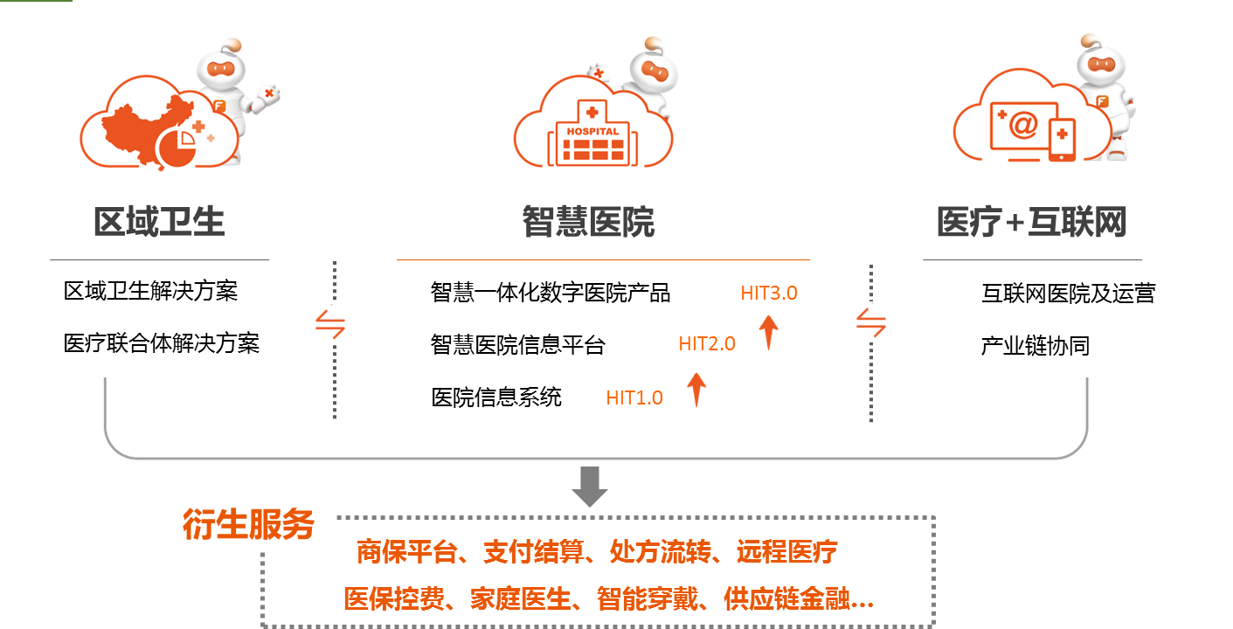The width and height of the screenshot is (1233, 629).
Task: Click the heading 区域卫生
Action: [159, 223]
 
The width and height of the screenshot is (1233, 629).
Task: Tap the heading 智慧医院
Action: [588, 223]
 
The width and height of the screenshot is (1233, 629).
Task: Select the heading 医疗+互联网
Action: [1031, 223]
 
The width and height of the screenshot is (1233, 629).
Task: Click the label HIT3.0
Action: [769, 294]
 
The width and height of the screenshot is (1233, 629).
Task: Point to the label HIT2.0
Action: [707, 345]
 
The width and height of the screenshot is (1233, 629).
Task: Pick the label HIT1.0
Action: [634, 398]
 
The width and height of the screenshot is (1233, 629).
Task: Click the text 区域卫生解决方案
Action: [150, 291]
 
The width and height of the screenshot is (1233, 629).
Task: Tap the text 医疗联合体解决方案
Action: [162, 343]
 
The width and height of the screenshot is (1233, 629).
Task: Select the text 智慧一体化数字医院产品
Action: [551, 293]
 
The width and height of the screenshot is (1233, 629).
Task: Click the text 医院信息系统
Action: [496, 398]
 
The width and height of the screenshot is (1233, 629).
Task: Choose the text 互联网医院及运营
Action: [1068, 294]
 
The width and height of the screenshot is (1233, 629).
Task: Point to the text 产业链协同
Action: [1036, 346]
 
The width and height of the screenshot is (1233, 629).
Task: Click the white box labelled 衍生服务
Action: [252, 524]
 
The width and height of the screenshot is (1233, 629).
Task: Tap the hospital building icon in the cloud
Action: [592, 138]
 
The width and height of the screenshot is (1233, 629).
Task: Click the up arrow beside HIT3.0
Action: [769, 332]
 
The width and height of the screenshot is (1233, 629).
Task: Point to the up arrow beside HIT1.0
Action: [696, 389]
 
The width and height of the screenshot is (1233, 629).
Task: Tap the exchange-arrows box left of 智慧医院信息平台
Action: [327, 324]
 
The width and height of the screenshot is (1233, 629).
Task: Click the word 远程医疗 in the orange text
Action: [787, 552]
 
